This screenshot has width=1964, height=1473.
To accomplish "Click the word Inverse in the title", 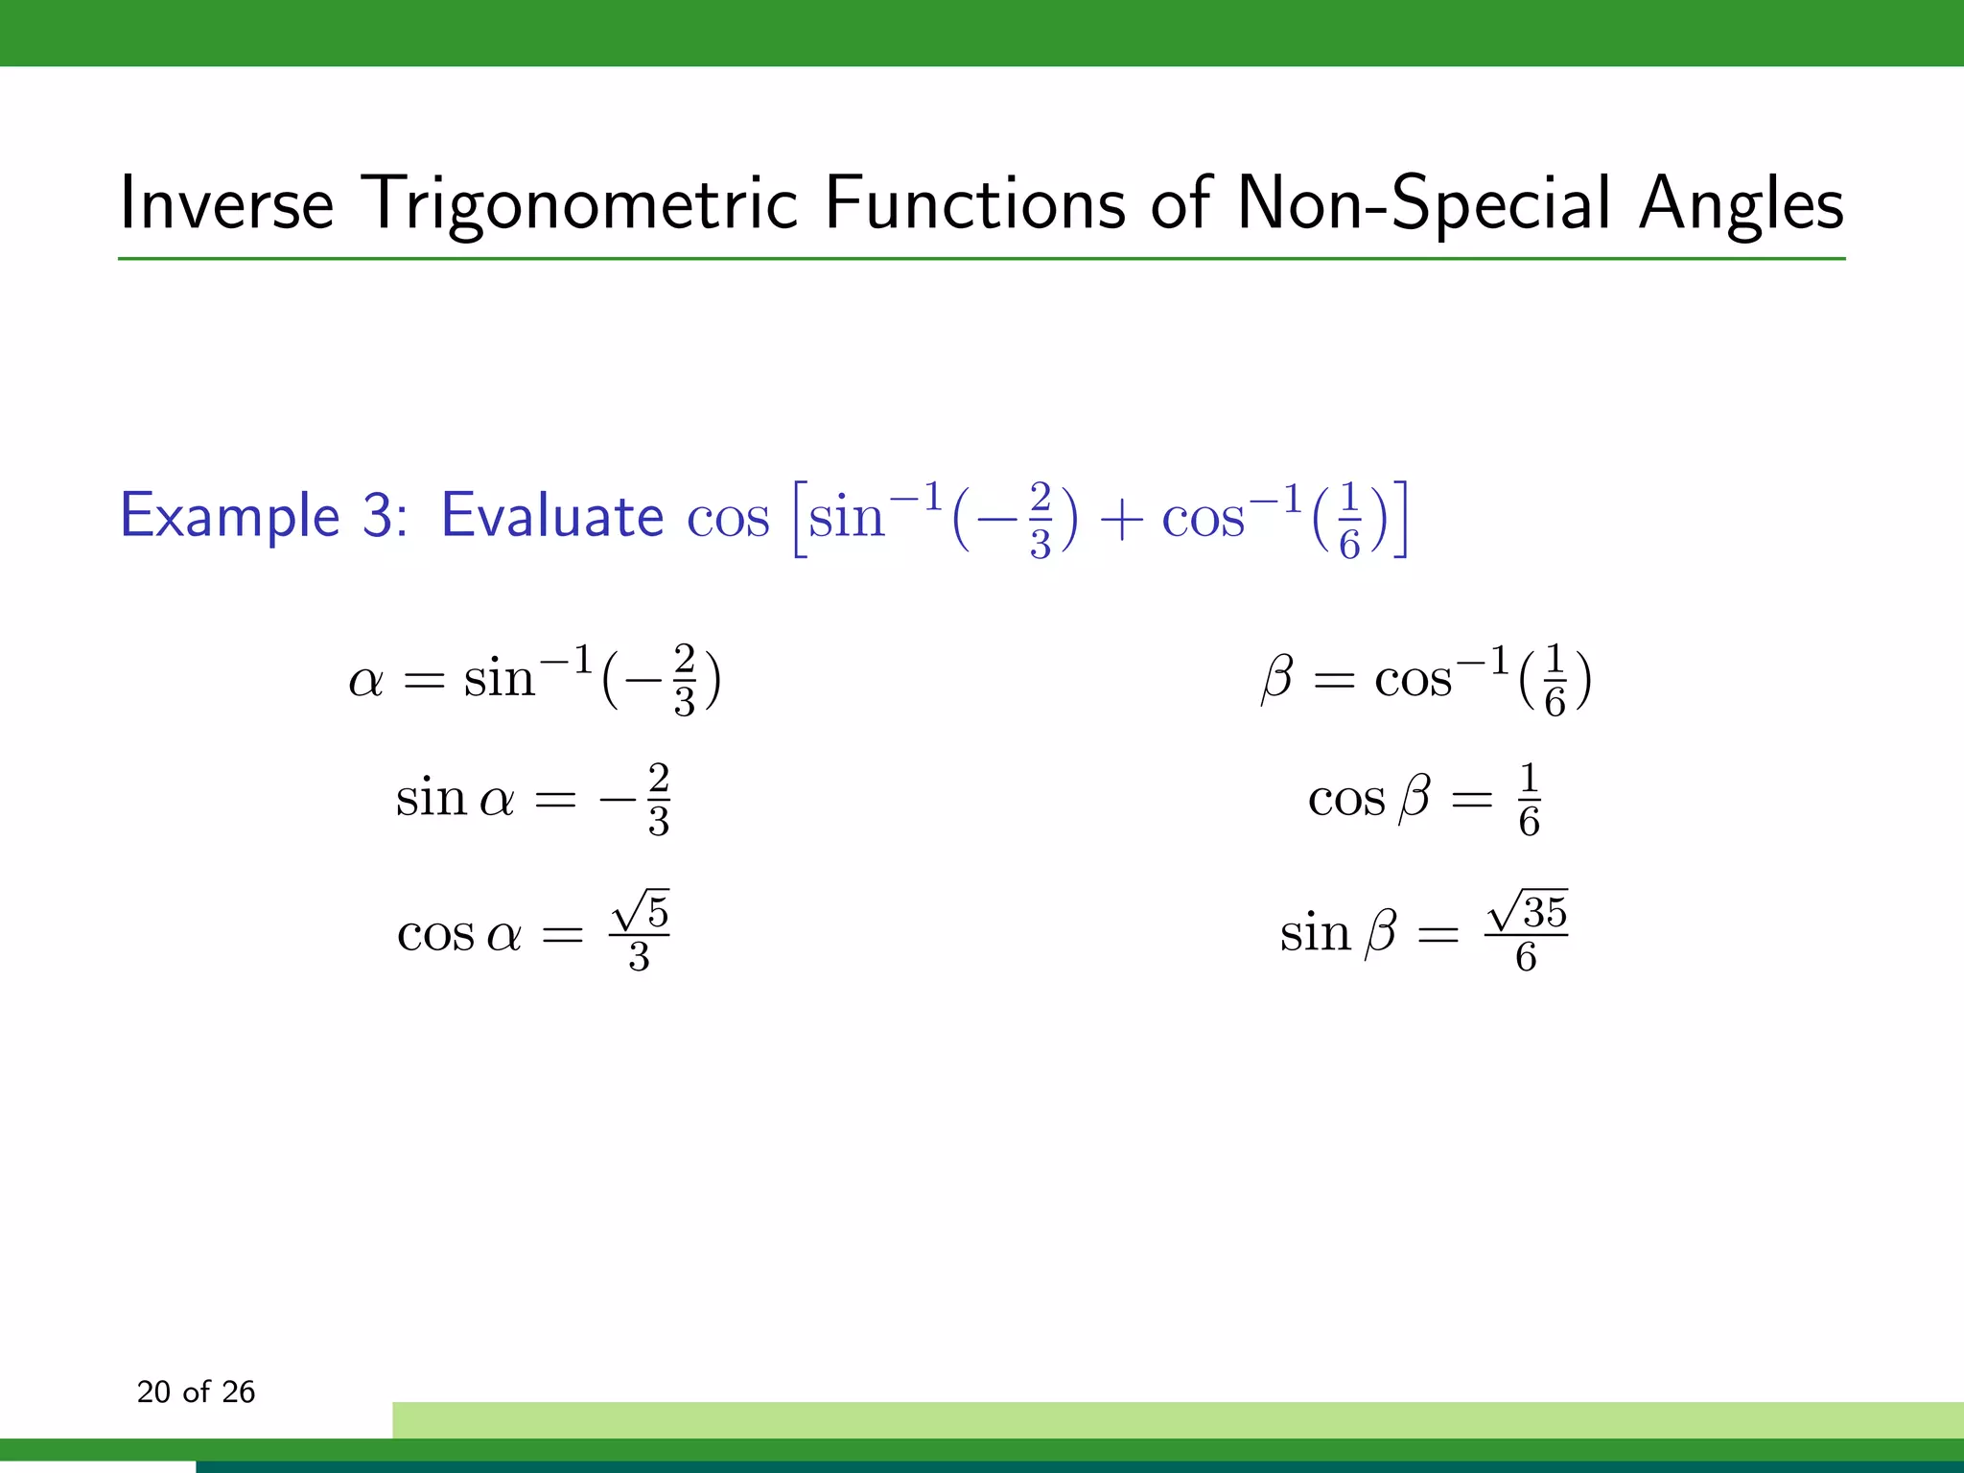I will pyautogui.click(x=226, y=203).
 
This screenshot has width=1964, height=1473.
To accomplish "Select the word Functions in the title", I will pyautogui.click(x=973, y=203).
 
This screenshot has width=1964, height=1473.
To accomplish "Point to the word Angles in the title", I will pyautogui.click(x=1741, y=203).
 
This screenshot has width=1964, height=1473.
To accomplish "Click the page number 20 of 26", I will pyautogui.click(x=196, y=1391).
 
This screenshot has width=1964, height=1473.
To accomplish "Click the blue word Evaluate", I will pyautogui.click(x=551, y=516).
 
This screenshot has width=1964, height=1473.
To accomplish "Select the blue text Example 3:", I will pyautogui.click(x=264, y=516).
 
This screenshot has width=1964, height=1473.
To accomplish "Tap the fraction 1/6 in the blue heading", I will pyautogui.click(x=1349, y=521).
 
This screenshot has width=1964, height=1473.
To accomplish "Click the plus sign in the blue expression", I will pyautogui.click(x=1119, y=521).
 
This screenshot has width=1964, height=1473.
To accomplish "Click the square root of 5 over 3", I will pyautogui.click(x=640, y=931).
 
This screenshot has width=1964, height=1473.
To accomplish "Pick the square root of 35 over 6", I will pyautogui.click(x=1526, y=931).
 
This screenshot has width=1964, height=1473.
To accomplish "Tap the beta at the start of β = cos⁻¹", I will pyautogui.click(x=1276, y=679).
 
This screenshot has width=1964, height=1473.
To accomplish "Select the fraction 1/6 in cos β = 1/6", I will pyautogui.click(x=1530, y=800).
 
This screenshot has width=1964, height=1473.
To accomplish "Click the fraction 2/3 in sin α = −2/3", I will pyautogui.click(x=658, y=800).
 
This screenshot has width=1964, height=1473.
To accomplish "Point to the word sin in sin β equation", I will pyautogui.click(x=1315, y=933).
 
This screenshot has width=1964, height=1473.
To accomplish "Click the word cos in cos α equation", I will pyautogui.click(x=435, y=933).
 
